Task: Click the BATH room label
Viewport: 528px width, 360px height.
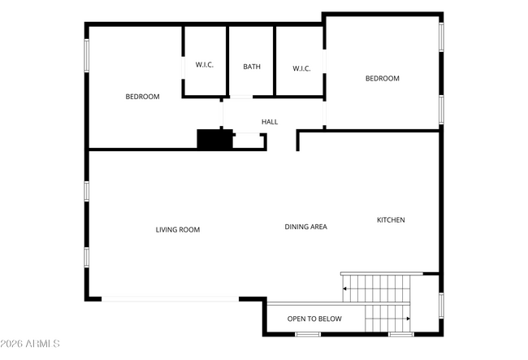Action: point(252,67)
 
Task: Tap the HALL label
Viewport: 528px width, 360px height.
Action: point(270,122)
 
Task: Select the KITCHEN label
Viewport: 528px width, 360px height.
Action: point(391,220)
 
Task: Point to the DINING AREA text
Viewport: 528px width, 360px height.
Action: point(305,227)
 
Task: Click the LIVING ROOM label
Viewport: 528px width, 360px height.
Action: point(178,230)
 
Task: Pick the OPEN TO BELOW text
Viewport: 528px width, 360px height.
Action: point(314,319)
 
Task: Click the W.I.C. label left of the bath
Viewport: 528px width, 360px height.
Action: point(205,65)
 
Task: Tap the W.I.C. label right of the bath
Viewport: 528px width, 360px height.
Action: point(301,69)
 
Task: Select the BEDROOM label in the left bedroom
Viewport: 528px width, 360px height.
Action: point(142,97)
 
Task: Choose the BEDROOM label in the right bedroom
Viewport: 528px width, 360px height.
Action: point(383,79)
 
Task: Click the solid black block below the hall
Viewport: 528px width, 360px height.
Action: point(214,139)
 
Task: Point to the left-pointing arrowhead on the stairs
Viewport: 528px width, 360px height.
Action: point(344,288)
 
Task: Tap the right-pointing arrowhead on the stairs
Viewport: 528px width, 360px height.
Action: point(409,319)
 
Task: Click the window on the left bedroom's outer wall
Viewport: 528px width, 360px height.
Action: point(87,55)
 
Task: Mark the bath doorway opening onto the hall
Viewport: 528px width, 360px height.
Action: point(241,97)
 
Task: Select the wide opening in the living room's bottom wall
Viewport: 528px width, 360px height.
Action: point(170,299)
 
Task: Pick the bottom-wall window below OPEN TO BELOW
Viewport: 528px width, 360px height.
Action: point(308,335)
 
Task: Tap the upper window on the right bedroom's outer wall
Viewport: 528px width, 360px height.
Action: point(441,37)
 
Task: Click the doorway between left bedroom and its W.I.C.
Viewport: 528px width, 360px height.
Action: point(184,68)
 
